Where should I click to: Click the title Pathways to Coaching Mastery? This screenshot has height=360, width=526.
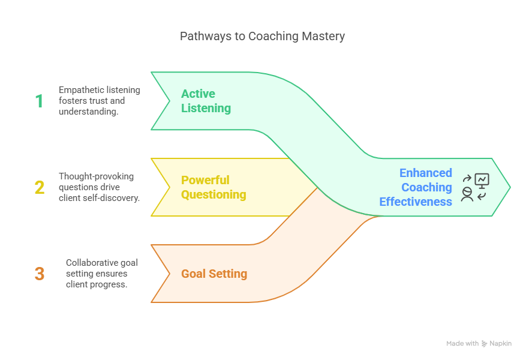pyautogui.click(x=262, y=36)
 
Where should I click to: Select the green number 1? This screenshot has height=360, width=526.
pyautogui.click(x=39, y=101)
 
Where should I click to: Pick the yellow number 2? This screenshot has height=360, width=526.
pyautogui.click(x=39, y=187)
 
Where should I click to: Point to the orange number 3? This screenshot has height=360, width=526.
pyautogui.click(x=39, y=274)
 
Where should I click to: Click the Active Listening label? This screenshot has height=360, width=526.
pyautogui.click(x=206, y=101)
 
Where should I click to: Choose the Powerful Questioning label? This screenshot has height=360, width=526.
pyautogui.click(x=214, y=187)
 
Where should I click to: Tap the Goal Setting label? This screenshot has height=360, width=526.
pyautogui.click(x=214, y=274)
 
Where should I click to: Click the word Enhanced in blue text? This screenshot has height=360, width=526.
pyautogui.click(x=425, y=173)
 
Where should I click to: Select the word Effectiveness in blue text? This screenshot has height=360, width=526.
pyautogui.click(x=416, y=202)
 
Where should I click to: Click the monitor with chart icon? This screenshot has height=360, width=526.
pyautogui.click(x=482, y=179)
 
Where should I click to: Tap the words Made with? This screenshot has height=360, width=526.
pyautogui.click(x=462, y=344)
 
